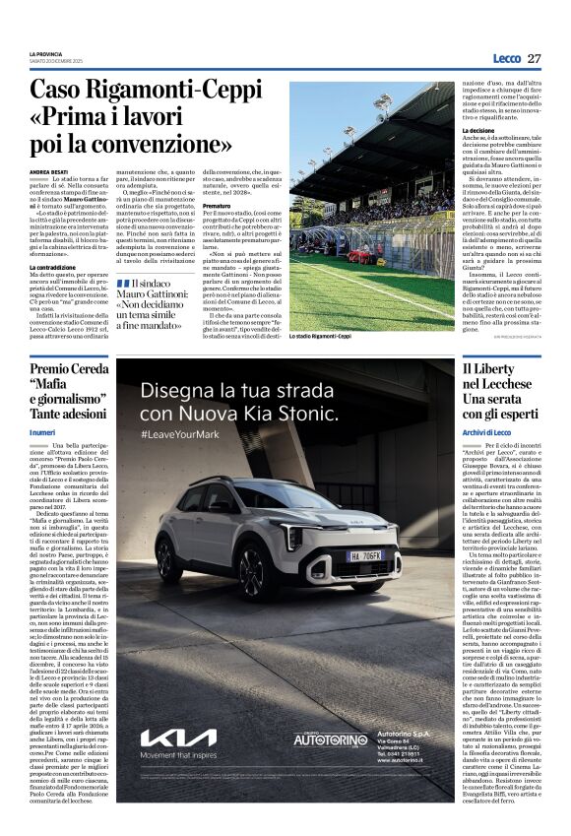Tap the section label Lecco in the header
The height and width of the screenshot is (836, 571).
click(x=506, y=58)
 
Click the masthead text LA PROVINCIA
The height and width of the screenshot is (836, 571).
click(x=48, y=53)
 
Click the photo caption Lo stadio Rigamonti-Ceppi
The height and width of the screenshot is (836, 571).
click(x=321, y=337)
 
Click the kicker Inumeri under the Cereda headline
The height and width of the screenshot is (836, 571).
click(x=42, y=432)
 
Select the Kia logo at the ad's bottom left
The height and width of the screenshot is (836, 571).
click(x=178, y=738)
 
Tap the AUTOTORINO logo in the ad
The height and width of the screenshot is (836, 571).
click(x=332, y=740)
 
